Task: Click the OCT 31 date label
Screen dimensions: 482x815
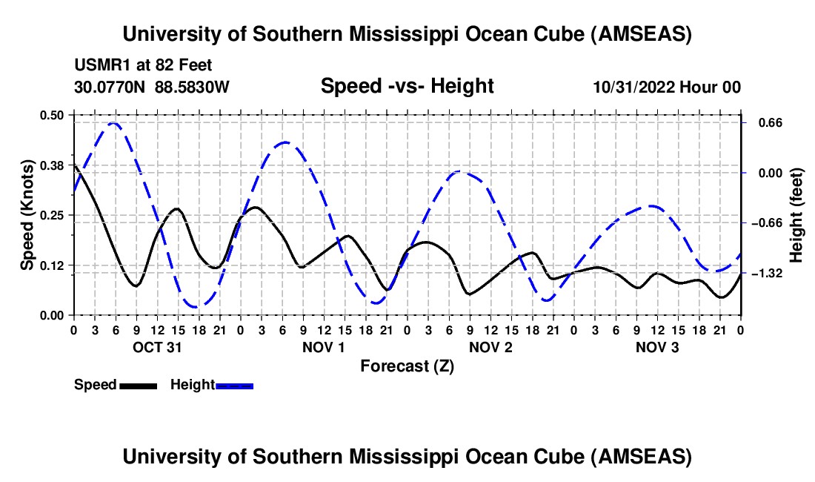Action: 157,347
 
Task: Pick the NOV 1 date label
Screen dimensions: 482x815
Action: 324,347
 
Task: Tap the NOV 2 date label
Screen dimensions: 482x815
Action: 490,347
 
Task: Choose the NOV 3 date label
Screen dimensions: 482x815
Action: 657,347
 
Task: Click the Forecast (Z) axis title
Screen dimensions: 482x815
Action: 407,366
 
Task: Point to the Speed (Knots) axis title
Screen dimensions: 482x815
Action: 27,215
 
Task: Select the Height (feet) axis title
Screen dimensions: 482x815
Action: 796,215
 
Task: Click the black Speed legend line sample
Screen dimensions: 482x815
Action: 138,385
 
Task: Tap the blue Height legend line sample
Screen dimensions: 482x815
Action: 235,385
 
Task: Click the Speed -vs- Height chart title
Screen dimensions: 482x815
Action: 407,86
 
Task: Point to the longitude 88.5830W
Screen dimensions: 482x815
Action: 192,87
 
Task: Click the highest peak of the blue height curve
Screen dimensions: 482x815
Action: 113,123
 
